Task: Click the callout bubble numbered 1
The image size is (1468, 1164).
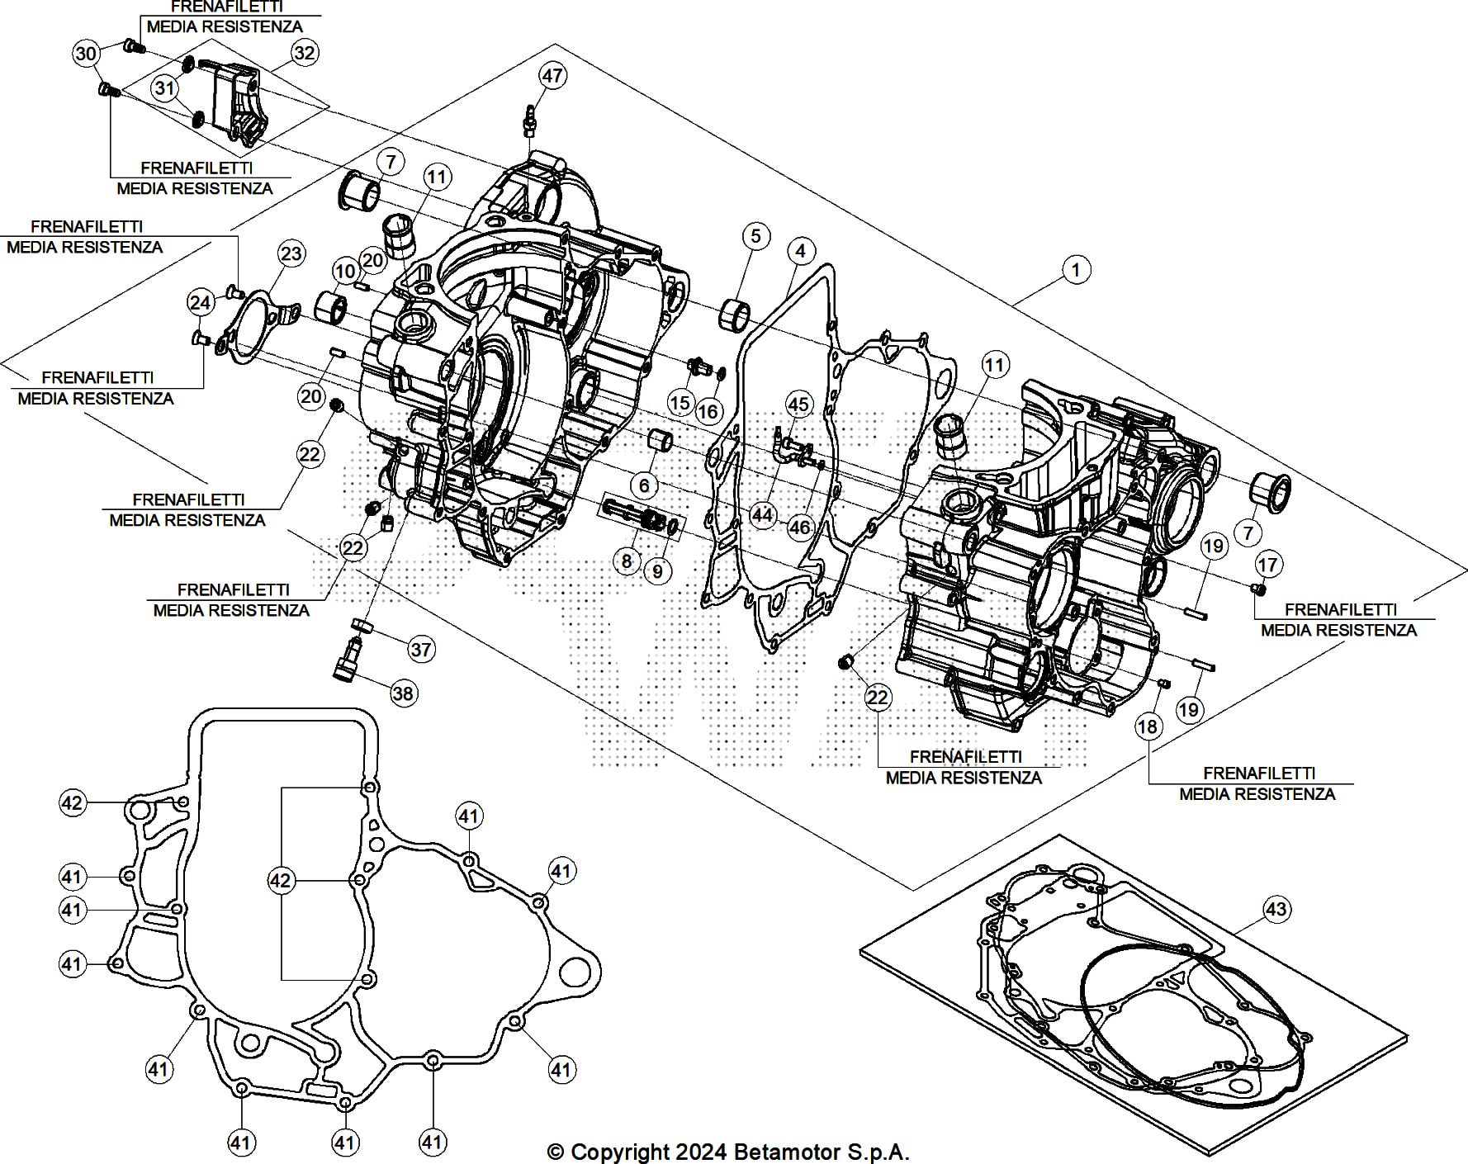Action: tap(1076, 269)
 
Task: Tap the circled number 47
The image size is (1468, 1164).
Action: tap(552, 75)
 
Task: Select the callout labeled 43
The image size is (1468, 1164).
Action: tap(1276, 909)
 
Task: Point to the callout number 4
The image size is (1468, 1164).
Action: tap(800, 250)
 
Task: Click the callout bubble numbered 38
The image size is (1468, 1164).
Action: tap(403, 693)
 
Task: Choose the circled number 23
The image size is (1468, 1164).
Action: tap(291, 253)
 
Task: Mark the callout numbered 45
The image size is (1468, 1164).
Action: tap(798, 404)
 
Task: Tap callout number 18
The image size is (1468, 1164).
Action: tap(1148, 726)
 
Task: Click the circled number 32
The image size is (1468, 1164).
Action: tap(305, 52)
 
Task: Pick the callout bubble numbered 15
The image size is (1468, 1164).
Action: tap(680, 402)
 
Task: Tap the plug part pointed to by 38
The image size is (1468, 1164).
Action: tap(347, 662)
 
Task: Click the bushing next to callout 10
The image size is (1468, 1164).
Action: tap(334, 306)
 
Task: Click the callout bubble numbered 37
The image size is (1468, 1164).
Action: tap(421, 649)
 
